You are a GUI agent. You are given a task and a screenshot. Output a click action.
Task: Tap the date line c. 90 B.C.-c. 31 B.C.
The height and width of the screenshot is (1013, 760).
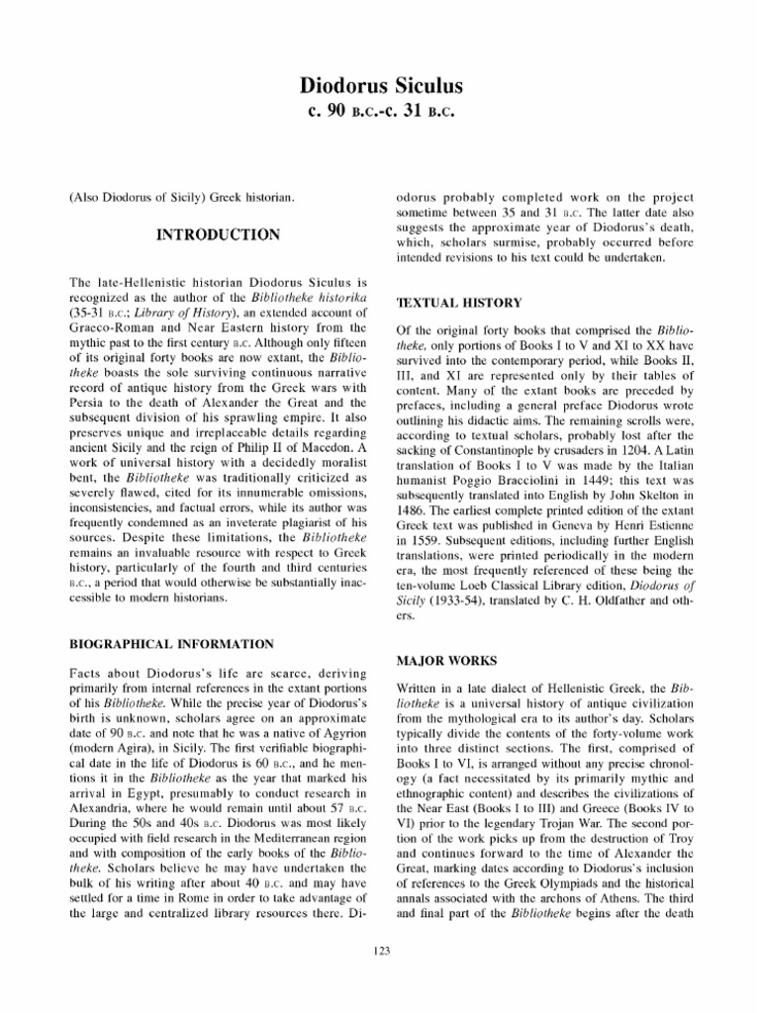click(x=381, y=111)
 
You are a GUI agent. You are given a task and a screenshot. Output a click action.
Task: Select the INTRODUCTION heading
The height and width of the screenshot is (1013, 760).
click(x=218, y=235)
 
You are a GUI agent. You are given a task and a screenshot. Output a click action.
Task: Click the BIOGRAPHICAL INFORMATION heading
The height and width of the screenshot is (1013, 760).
click(x=171, y=644)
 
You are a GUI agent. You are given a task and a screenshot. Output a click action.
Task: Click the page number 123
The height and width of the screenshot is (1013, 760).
click(x=381, y=951)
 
